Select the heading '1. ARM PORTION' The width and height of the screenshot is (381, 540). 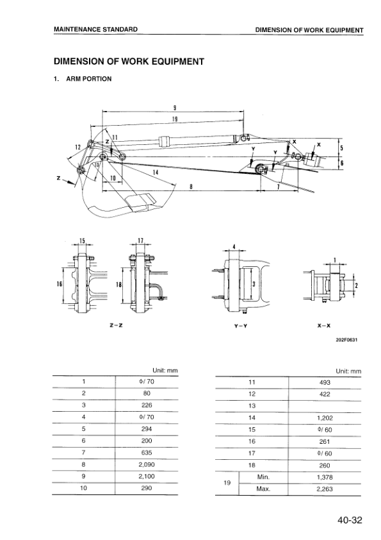click(x=83, y=79)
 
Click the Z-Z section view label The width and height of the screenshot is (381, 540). click(x=117, y=326)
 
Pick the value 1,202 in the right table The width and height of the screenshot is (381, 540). click(x=325, y=418)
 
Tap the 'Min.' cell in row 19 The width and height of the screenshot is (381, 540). click(x=263, y=477)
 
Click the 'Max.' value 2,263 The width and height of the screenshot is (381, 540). click(x=325, y=489)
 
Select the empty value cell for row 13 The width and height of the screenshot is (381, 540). click(x=325, y=406)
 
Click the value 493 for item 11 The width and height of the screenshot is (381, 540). click(x=325, y=381)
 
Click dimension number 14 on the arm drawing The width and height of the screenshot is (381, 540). click(x=156, y=173)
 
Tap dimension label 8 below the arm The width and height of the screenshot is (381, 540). click(x=192, y=186)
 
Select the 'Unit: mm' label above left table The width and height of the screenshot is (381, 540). click(x=165, y=371)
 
